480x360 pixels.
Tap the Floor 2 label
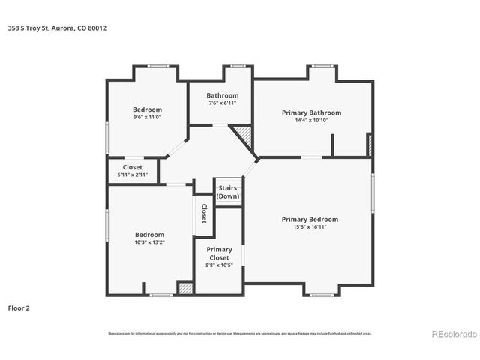(19, 307)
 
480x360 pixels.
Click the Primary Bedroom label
(310, 219)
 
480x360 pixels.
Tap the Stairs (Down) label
(228, 192)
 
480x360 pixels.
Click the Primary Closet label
(219, 253)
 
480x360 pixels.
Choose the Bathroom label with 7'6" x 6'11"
(223, 95)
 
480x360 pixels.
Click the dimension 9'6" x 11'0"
(147, 117)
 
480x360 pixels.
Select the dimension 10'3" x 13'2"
(149, 242)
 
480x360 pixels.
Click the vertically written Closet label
(203, 214)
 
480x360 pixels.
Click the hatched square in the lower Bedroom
(185, 287)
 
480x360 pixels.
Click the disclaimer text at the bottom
(239, 333)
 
